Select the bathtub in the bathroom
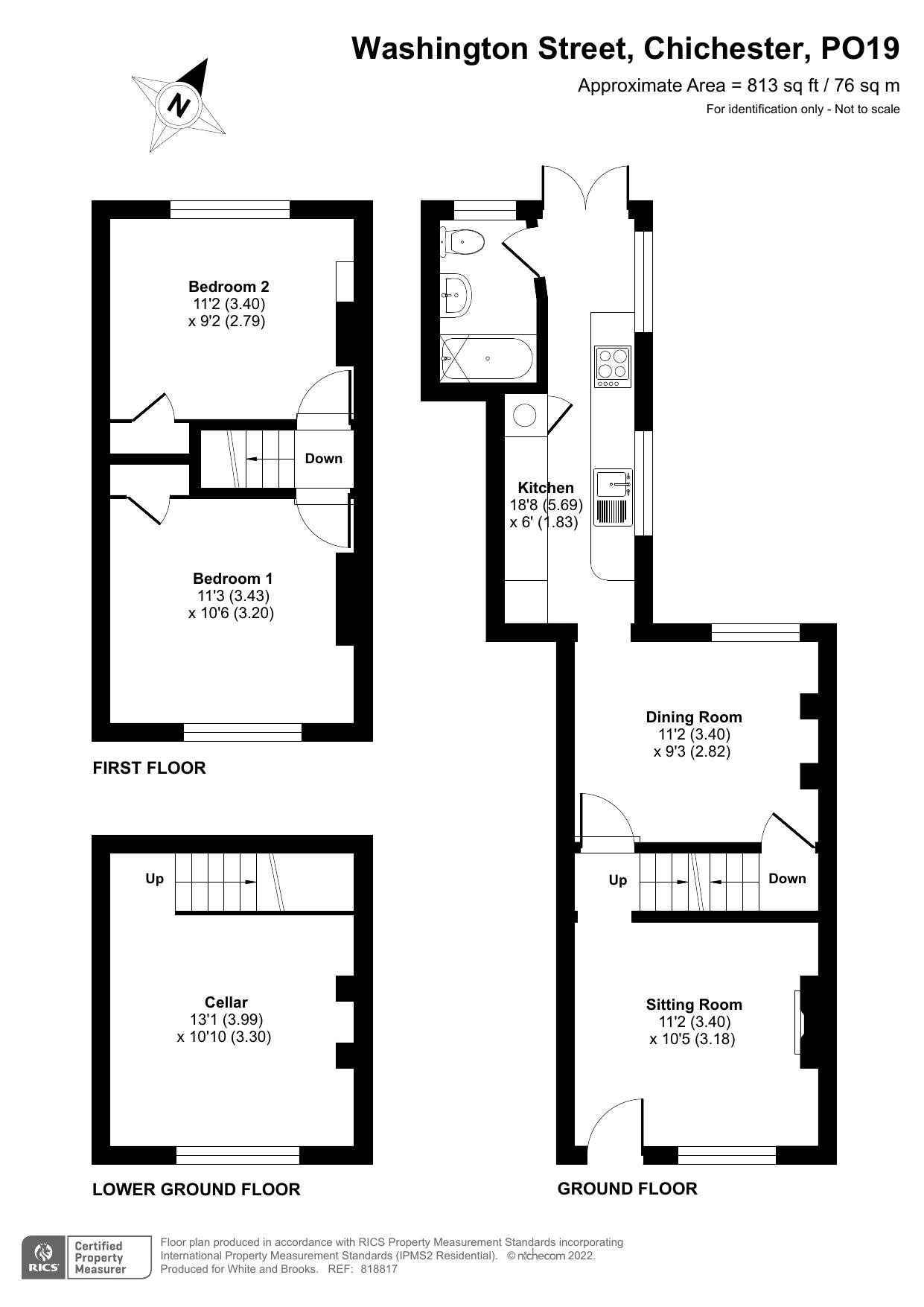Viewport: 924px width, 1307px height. [488, 359]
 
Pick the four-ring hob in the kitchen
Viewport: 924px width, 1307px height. [613, 366]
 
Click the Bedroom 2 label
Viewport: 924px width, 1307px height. [229, 287]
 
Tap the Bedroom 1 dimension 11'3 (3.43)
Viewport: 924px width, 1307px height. [233, 596]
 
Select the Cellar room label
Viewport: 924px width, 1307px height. [226, 1002]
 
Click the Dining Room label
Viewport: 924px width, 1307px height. [693, 717]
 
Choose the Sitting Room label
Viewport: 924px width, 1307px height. [694, 1005]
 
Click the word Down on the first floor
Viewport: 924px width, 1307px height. [323, 459]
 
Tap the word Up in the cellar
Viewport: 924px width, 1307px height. [154, 879]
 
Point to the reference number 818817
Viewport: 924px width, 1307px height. [379, 1269]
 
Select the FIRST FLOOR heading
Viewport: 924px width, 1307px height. [149, 768]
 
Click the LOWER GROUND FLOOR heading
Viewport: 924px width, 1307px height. [196, 1189]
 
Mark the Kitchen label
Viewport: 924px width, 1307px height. [546, 488]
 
